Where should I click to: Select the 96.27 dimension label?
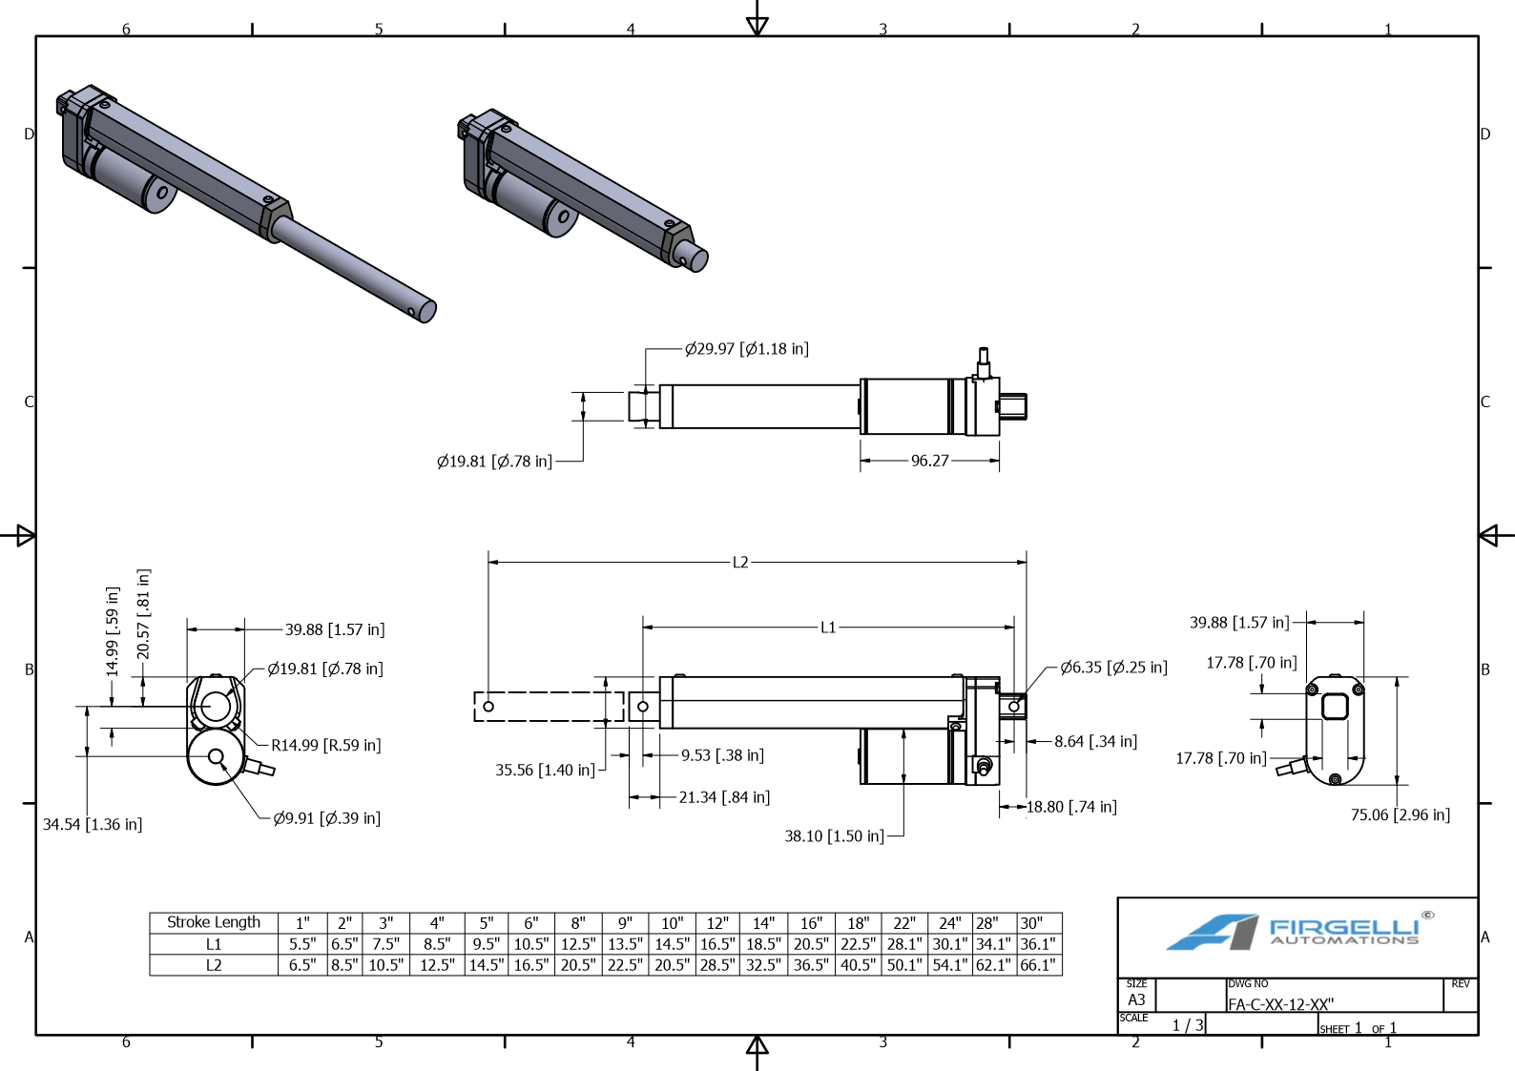point(929,461)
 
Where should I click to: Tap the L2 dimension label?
point(740,563)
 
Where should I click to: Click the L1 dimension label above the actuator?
point(827,628)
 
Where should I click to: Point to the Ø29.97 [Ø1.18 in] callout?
point(746,349)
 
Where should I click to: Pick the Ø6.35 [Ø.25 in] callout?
point(1113,668)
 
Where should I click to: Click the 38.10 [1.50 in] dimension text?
point(834,836)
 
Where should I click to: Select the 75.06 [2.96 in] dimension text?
point(1400,814)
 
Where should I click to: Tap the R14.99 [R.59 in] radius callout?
point(325,746)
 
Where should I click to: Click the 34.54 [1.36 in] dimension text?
point(93,824)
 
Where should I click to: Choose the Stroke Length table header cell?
point(214,922)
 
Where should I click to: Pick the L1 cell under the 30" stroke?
point(1038,944)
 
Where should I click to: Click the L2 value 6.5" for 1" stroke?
point(302,965)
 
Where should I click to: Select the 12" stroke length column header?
point(716,923)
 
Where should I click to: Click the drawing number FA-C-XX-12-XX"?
point(1280,1004)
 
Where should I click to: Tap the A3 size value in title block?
point(1136,999)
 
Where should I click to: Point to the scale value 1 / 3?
point(1188,1025)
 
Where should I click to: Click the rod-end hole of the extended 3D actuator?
point(411,310)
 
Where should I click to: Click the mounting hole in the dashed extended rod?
point(488,707)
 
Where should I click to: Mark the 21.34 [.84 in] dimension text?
point(724,797)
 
